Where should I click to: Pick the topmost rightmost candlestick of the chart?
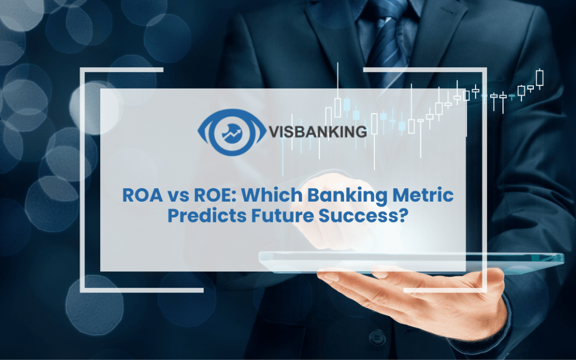click(x=540, y=78)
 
